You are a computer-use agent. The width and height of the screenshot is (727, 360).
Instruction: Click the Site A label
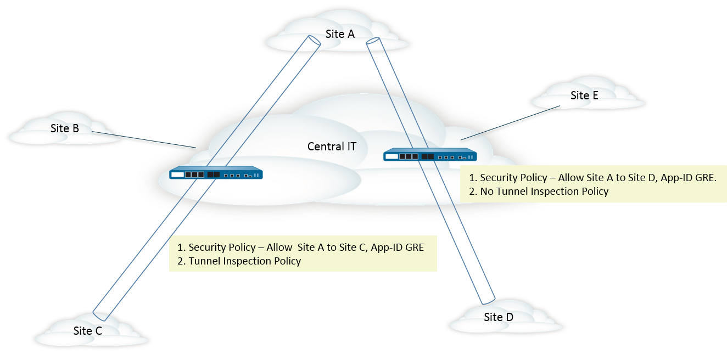(340, 34)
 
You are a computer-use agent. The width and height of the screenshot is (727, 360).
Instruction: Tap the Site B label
(65, 128)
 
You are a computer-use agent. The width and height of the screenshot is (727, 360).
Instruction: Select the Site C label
(87, 331)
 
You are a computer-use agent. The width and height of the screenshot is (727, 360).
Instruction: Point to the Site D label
(499, 317)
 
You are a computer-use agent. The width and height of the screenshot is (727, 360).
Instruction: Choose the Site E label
(584, 95)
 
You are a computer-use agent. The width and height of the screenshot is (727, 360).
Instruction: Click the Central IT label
(332, 147)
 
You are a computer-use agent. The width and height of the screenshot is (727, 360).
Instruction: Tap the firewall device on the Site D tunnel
(430, 155)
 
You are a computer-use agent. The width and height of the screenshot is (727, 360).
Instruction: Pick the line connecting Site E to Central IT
(511, 122)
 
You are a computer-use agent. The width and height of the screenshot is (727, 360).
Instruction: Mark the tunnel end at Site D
(489, 301)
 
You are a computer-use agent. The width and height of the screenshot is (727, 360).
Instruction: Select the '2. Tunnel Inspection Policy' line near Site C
(239, 261)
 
